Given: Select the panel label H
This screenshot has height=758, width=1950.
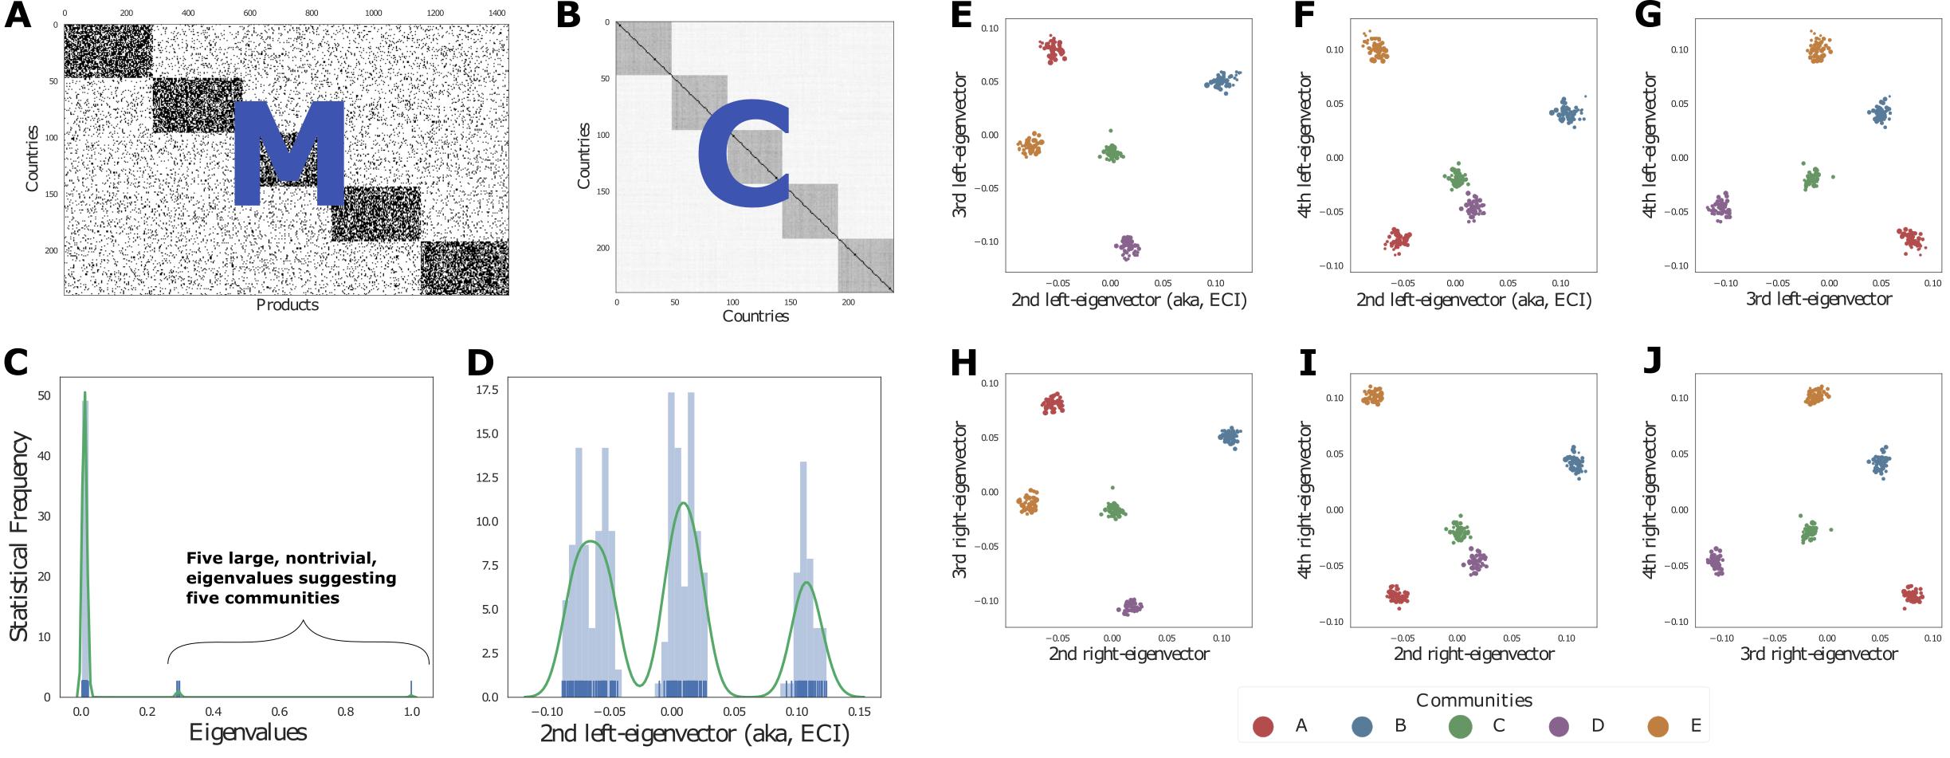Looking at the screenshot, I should (963, 363).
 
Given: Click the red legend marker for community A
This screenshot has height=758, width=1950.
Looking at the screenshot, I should (1263, 726).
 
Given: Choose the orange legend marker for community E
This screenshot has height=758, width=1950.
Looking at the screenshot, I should (1658, 726).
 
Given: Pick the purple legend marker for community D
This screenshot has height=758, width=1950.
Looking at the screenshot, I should (1559, 726).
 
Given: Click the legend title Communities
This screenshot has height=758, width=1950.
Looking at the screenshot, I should (1473, 700).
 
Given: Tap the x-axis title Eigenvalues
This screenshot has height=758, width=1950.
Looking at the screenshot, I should (248, 732).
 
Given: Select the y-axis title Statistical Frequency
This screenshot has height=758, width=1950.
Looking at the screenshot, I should (19, 536).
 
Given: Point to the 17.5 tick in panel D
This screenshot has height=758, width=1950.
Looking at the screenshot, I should (487, 390).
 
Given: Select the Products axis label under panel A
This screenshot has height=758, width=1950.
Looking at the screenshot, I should (287, 305).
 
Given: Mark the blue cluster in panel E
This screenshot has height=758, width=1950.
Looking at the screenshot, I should (1222, 81).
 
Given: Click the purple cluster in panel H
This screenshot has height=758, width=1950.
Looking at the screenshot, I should (1130, 607).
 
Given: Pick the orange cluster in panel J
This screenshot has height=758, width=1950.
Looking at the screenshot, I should (1817, 395).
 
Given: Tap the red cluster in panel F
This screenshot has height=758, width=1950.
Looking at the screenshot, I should (1397, 240).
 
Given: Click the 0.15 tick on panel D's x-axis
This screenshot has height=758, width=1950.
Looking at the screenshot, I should (859, 712).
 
